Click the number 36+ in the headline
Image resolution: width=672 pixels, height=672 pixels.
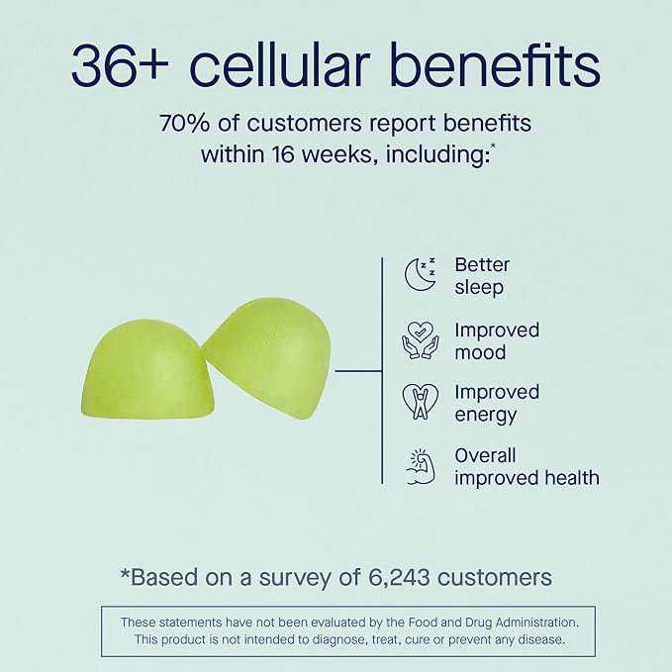[x=120, y=65]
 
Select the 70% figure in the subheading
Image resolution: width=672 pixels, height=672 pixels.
[x=185, y=124]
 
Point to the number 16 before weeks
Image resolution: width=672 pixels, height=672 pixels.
[x=282, y=154]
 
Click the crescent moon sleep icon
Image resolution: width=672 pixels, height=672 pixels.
[x=420, y=275]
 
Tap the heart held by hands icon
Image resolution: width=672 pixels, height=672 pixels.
[x=420, y=340]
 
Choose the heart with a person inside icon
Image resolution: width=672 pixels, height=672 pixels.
[x=421, y=402]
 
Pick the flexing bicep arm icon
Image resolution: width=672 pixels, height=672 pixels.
[x=421, y=467]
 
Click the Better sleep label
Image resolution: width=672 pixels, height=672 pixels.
[x=482, y=276]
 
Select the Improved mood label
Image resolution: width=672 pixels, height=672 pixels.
[x=497, y=341]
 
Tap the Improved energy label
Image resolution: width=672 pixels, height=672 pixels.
[x=497, y=404]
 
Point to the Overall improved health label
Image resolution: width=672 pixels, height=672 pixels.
[x=527, y=467]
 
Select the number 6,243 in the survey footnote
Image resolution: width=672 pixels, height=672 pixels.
[x=399, y=577]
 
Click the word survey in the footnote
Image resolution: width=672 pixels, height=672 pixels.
[x=294, y=578]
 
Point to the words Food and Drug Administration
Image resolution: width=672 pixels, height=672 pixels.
[x=493, y=622]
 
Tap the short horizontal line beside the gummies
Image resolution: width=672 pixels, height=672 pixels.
[x=358, y=371]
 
